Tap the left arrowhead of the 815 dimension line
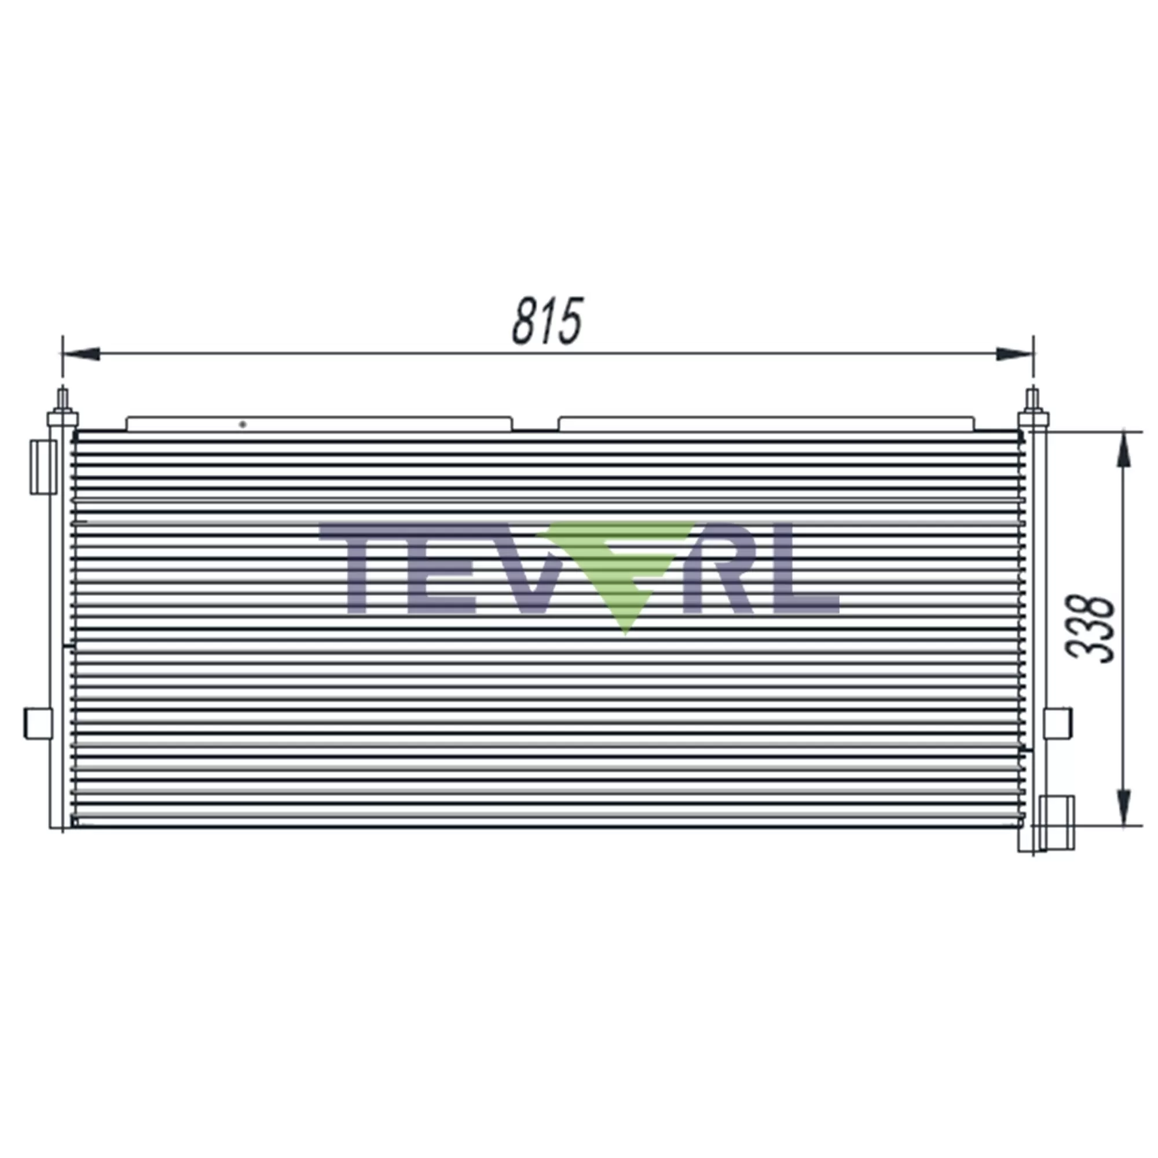[82, 354]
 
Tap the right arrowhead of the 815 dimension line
[1014, 354]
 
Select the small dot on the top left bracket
[243, 424]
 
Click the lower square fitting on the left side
[38, 723]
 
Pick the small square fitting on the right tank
[1058, 723]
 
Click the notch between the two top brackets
[535, 427]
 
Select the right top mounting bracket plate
[766, 424]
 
